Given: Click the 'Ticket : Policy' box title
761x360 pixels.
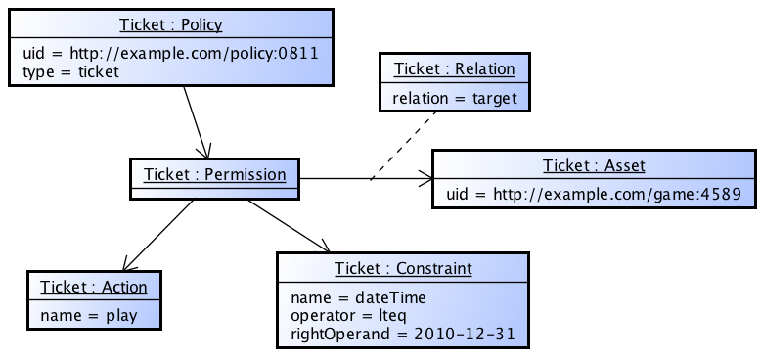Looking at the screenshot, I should point(171,24).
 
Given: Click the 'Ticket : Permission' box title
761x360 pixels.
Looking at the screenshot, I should point(214,174).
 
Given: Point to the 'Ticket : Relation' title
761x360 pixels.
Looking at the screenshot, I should point(454,68).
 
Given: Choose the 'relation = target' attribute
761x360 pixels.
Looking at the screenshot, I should point(454,98).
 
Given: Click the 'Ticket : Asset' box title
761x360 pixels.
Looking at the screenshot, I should point(594,165).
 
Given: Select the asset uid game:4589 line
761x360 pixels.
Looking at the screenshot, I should point(594,194).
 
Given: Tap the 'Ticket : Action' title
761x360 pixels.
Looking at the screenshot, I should point(94,287).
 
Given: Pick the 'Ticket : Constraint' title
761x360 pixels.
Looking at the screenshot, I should point(403,268).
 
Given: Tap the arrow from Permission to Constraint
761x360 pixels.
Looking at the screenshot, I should point(290,226).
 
